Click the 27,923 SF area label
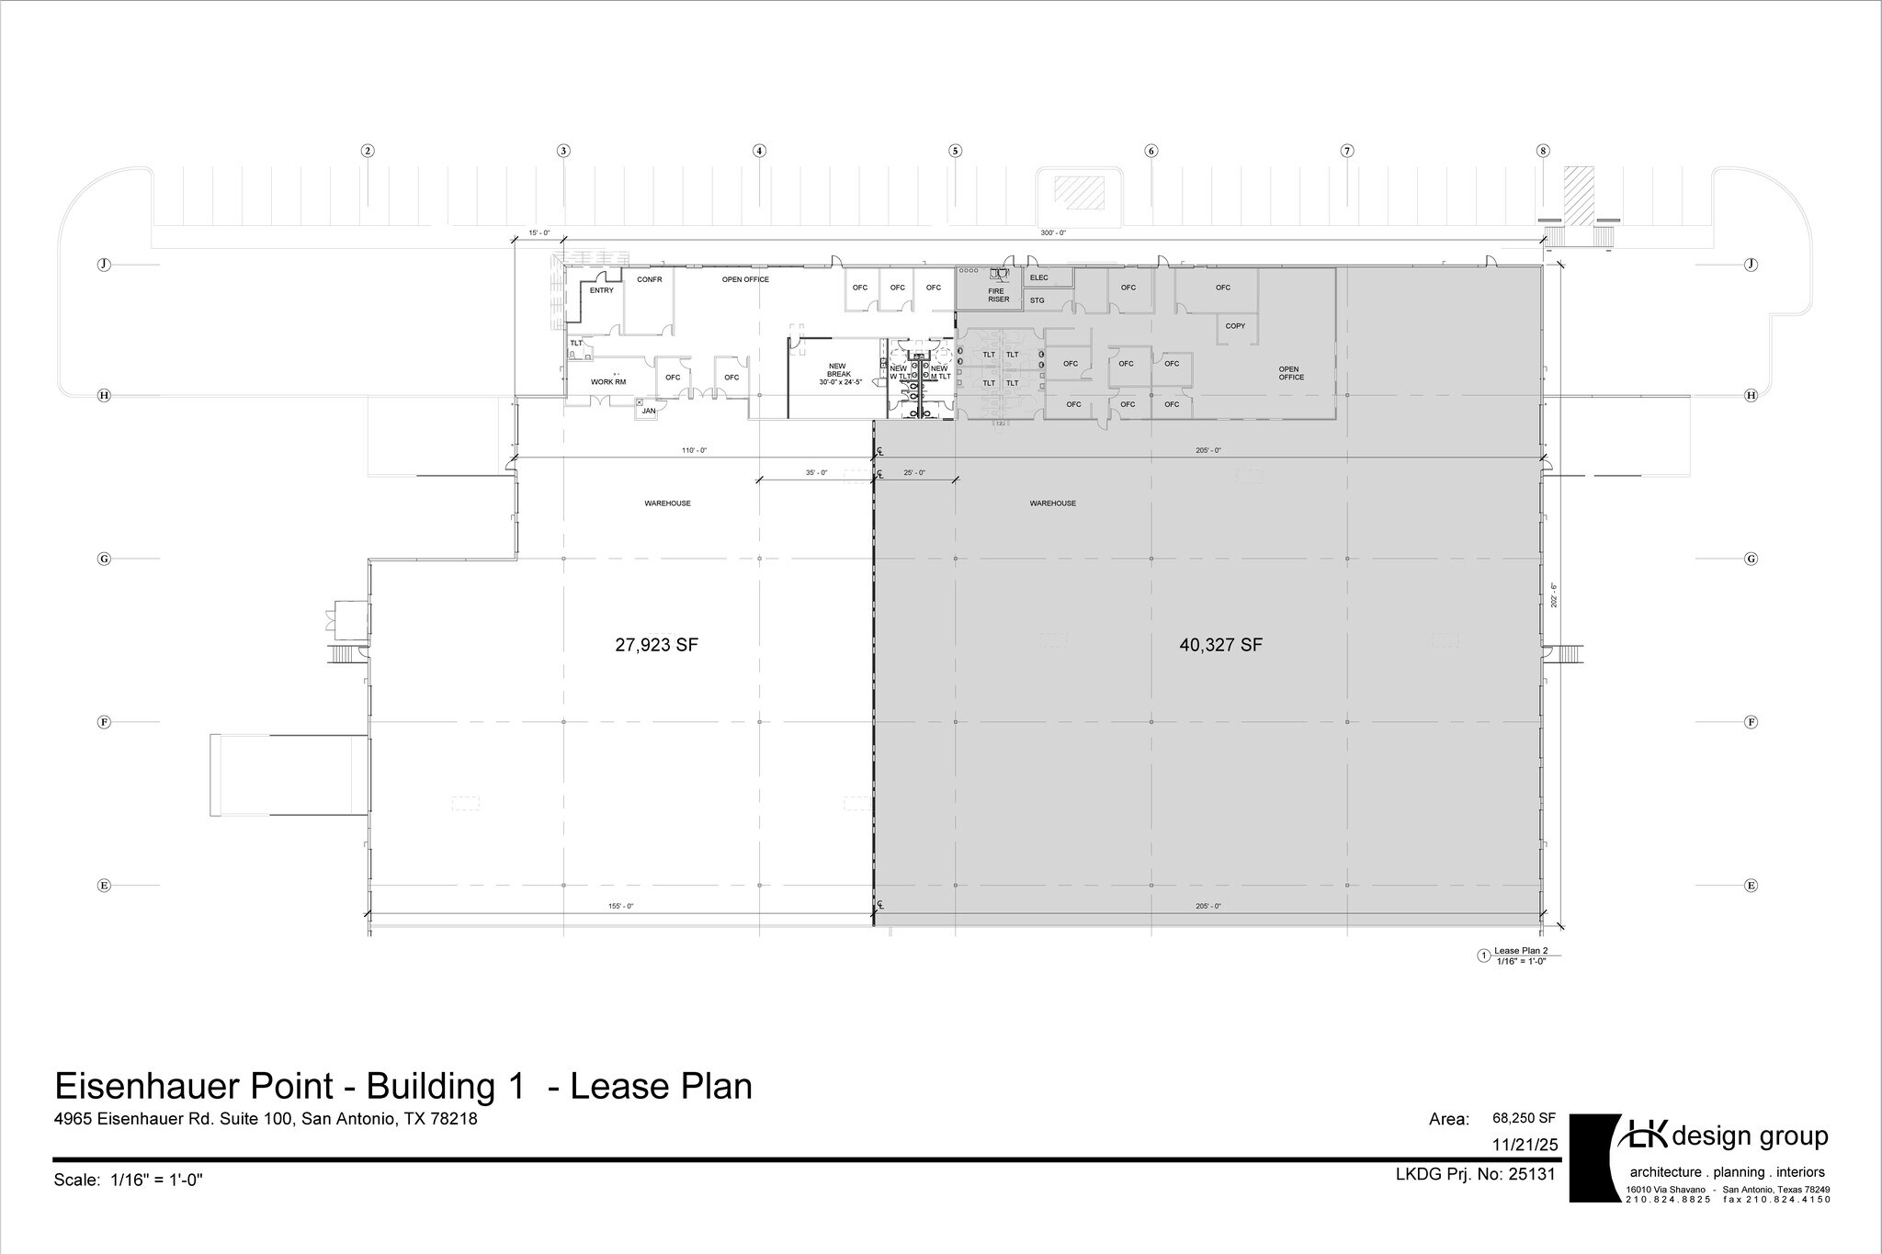656,645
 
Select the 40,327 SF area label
1220,645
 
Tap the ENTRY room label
601,290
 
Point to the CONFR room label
649,279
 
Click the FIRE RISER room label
998,295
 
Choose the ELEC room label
1038,277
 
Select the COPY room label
1235,326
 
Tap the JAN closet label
649,411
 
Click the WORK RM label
607,381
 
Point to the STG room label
1037,300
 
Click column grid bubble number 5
955,151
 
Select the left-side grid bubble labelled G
104,559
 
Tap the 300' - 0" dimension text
1052,233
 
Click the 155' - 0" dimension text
620,906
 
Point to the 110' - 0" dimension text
694,450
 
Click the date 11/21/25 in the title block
1525,1145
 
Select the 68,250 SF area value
1524,1118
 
